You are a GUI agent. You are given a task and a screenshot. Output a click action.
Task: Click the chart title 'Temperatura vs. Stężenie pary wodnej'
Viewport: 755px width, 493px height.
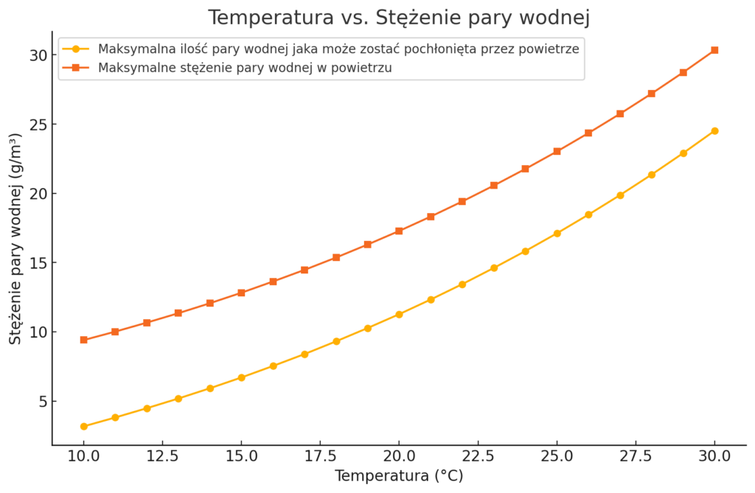coord(399,17)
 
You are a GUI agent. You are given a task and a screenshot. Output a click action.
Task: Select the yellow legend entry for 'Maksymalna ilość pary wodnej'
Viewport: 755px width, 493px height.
coord(338,49)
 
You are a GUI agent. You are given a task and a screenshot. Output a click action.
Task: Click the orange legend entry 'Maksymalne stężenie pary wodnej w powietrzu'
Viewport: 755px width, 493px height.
coord(244,68)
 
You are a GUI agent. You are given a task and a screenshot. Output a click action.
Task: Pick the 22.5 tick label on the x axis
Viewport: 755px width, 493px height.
coord(478,456)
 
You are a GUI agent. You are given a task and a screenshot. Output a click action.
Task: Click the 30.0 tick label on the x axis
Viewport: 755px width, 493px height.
coord(714,456)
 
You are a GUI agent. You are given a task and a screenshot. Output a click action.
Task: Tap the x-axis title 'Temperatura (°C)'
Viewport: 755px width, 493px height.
coord(399,476)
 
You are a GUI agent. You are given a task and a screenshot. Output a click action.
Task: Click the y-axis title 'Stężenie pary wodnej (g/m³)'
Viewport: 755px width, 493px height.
coord(16,239)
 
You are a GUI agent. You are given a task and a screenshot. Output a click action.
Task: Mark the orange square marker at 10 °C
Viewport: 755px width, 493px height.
coord(84,340)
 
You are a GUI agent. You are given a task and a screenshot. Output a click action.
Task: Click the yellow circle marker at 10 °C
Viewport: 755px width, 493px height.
coord(84,427)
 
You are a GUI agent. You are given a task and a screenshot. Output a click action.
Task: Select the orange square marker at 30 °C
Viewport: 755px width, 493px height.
coord(714,50)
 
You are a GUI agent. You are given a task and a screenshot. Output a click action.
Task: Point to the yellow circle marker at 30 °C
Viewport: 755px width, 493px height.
coord(714,131)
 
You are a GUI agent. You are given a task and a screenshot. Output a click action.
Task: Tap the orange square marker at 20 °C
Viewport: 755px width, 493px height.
coord(399,231)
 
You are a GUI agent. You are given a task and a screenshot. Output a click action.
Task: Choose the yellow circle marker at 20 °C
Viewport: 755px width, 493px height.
coord(399,315)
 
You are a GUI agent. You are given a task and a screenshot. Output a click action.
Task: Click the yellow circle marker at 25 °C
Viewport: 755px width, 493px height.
coord(557,234)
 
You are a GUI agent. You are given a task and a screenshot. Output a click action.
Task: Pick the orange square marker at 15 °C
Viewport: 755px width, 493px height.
coord(241,293)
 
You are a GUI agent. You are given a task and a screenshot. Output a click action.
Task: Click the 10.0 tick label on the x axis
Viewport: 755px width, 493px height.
coord(84,456)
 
